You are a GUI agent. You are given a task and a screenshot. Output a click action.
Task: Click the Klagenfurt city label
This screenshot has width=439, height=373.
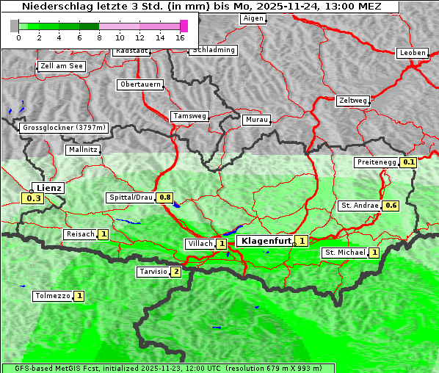pos(264,241)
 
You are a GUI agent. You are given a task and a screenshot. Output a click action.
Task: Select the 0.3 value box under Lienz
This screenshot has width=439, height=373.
pos(33,198)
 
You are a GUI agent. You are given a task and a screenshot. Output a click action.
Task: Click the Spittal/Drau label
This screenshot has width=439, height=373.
pos(130,198)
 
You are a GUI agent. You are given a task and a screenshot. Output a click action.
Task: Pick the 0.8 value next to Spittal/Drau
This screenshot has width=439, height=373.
pos(165,198)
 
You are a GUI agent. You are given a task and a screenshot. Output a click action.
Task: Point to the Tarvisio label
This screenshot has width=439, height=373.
pos(153,272)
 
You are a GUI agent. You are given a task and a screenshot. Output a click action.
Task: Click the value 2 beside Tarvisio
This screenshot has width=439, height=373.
pos(175,272)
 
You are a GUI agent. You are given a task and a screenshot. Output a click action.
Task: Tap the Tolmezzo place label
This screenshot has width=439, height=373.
pos(52,296)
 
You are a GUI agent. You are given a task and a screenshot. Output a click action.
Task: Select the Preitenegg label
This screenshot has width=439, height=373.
pos(376,162)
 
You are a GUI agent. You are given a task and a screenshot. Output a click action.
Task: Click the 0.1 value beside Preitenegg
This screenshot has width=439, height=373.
pos(408,162)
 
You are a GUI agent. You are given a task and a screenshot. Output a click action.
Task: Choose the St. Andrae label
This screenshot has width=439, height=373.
pos(359,206)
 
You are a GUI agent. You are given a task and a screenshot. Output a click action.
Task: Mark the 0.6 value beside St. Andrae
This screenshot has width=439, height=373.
pos(391,206)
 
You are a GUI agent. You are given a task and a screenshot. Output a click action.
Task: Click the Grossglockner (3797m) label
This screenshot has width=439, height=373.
pos(65,128)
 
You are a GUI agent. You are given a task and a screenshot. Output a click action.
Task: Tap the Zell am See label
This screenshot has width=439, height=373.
pos(62,66)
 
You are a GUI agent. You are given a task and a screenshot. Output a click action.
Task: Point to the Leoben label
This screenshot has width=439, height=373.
pos(412,53)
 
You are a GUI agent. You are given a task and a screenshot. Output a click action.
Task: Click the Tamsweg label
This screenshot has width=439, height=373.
pos(190,116)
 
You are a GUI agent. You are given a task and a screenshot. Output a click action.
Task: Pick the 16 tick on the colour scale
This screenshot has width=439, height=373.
pos(180,37)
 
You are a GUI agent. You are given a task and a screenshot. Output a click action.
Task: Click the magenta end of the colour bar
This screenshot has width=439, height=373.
pos(184,26)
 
